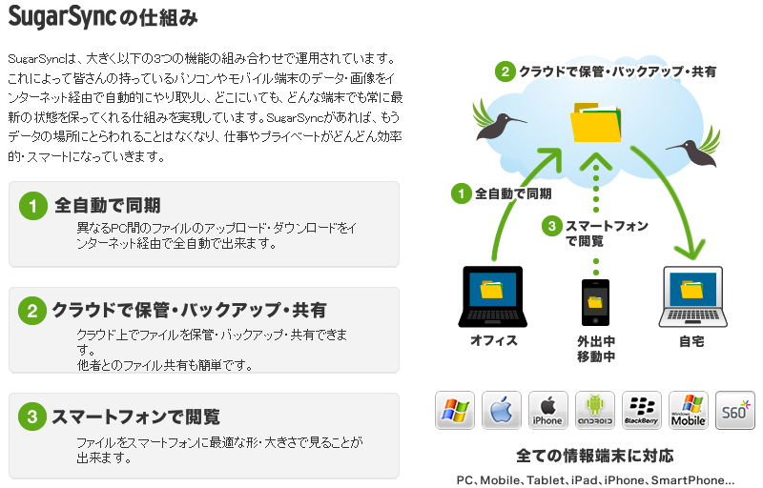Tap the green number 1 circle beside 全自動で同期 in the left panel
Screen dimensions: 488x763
[x=32, y=205]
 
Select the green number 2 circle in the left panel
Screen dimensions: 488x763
[x=32, y=311]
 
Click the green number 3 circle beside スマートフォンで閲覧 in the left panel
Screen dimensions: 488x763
[x=32, y=417]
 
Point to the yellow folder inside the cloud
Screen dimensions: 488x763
[x=594, y=123]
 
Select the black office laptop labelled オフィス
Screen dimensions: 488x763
[x=493, y=296]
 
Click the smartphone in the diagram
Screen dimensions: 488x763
[x=595, y=305]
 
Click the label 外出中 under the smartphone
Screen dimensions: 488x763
[x=595, y=340]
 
